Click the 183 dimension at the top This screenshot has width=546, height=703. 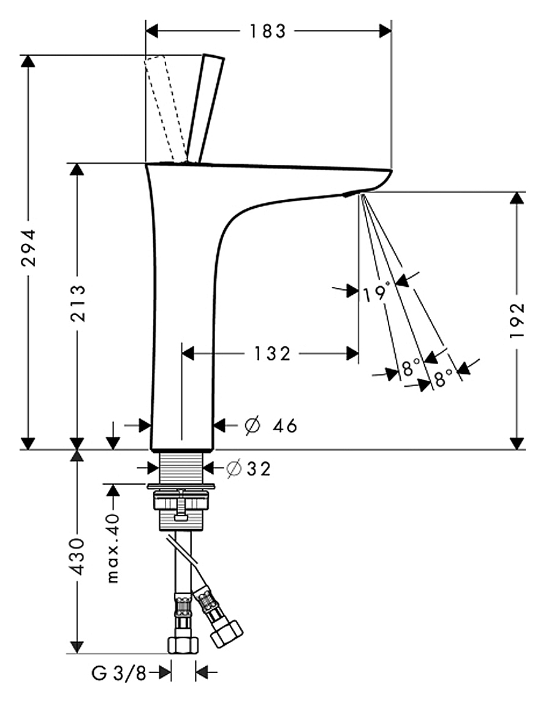pyautogui.click(x=268, y=31)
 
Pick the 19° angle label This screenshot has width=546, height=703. pyautogui.click(x=375, y=293)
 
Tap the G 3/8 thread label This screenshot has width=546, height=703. pyautogui.click(x=119, y=674)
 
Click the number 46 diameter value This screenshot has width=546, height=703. pyautogui.click(x=285, y=426)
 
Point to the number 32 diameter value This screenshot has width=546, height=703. pyautogui.click(x=257, y=469)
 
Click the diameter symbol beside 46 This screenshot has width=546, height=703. pyautogui.click(x=252, y=426)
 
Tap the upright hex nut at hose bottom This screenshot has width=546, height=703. pyautogui.click(x=183, y=645)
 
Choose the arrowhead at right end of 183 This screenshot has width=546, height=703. pyautogui.click(x=385, y=31)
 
